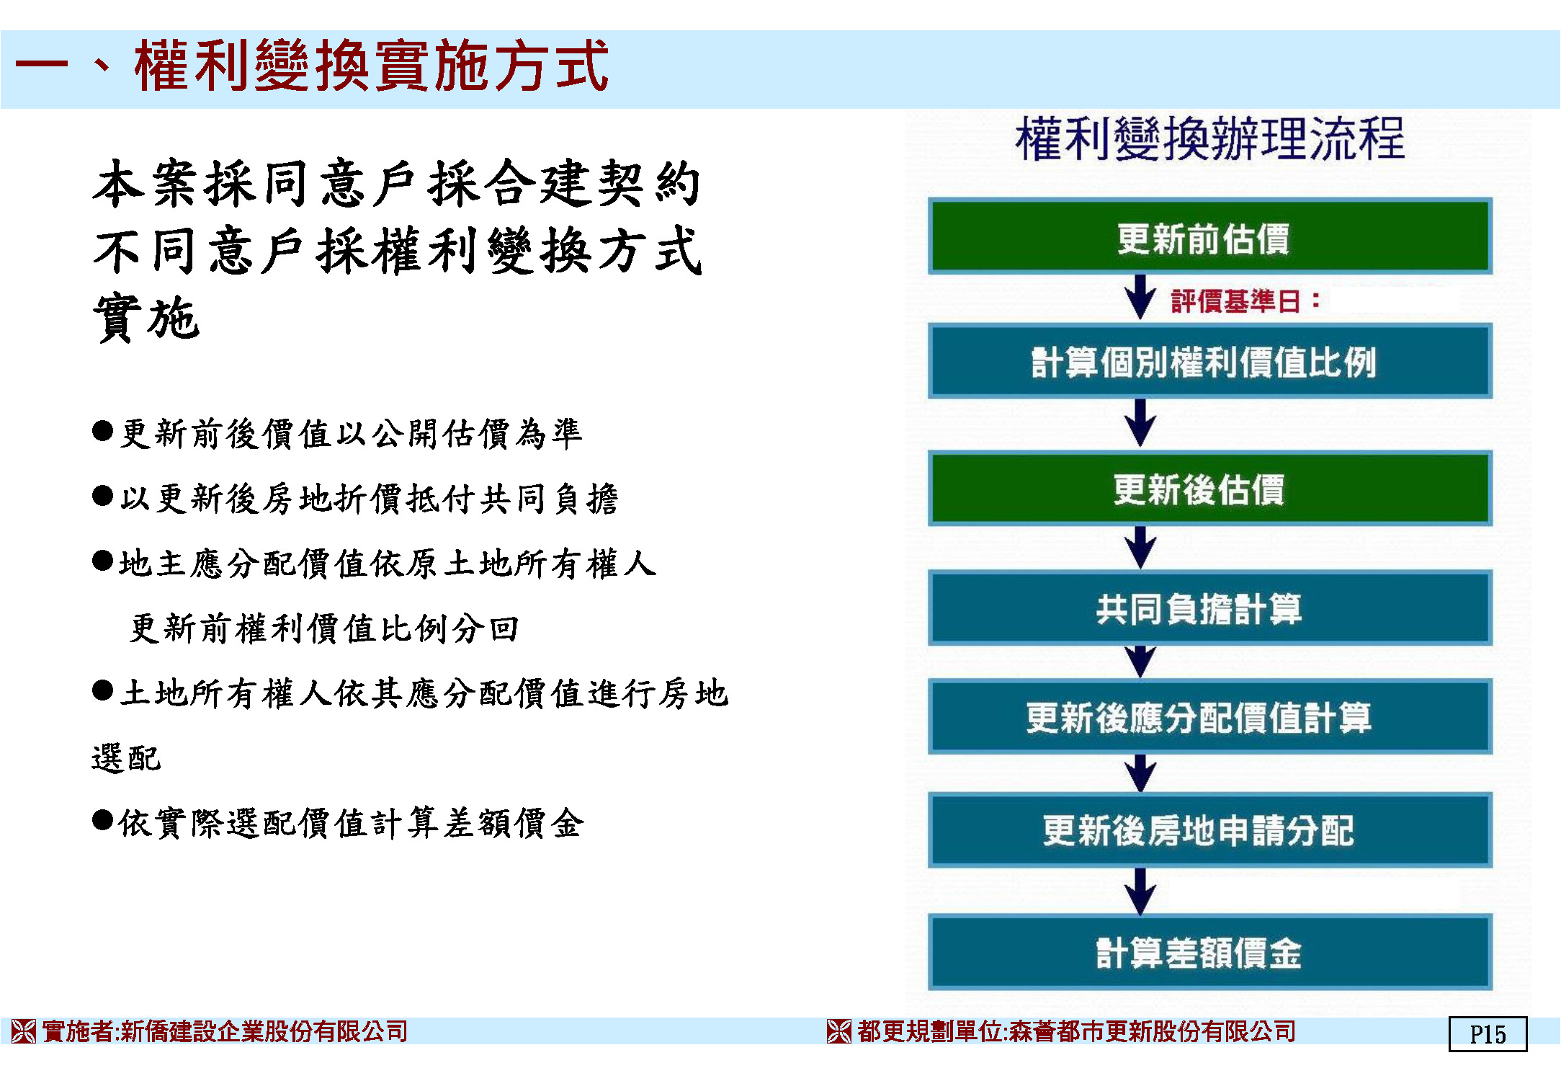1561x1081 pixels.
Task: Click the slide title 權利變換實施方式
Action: [x=371, y=66]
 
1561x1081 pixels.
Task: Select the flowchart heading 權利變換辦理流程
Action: [x=1209, y=138]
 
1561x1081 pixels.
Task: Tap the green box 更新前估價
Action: [x=1209, y=236]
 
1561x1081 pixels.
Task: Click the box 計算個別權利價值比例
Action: [x=1209, y=361]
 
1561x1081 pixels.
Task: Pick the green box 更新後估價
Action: [x=1209, y=488]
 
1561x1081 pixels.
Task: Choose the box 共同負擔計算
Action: [x=1209, y=608]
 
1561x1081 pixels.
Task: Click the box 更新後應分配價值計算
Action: [x=1209, y=716]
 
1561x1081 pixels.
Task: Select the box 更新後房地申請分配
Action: [x=1209, y=829]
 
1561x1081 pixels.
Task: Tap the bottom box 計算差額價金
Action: [x=1209, y=952]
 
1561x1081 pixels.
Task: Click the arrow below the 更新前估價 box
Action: [x=1140, y=297]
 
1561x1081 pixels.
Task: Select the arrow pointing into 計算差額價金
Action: [x=1140, y=891]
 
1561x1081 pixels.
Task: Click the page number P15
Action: [x=1488, y=1034]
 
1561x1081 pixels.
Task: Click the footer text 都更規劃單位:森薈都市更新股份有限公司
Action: [x=1076, y=1031]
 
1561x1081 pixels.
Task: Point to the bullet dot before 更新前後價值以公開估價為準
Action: [x=103, y=431]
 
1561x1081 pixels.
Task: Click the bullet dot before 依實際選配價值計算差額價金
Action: [x=103, y=820]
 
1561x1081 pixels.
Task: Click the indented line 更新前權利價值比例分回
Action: [x=324, y=628]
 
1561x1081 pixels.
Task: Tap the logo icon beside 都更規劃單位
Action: [x=839, y=1031]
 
